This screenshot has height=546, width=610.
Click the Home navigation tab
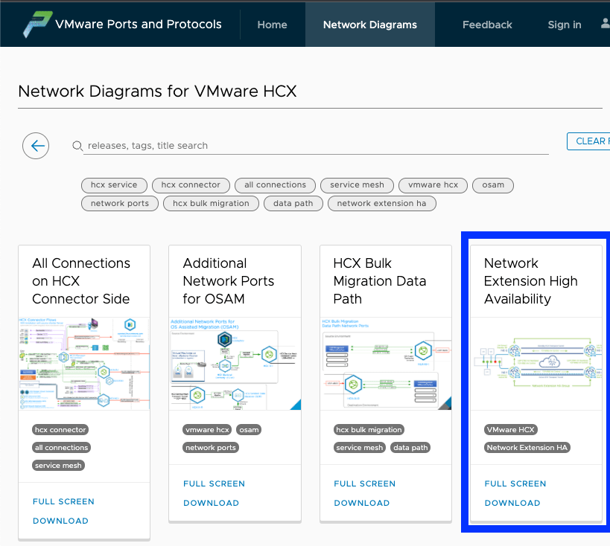point(272,25)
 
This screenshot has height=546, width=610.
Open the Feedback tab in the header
point(487,25)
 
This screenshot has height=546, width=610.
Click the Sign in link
point(564,25)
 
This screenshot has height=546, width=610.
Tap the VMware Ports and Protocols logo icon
point(36,24)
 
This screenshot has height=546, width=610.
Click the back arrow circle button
point(36,146)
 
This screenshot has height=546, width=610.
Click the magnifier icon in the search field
point(77,146)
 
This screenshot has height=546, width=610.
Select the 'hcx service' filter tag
point(114,185)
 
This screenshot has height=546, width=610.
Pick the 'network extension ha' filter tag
point(381,203)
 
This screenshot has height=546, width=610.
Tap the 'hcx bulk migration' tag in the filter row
point(212,203)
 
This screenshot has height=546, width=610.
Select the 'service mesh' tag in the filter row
point(357,185)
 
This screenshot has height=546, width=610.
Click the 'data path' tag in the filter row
point(293,203)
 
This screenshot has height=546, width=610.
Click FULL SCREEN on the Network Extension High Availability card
point(515,484)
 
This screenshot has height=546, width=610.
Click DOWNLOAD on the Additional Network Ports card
point(211,503)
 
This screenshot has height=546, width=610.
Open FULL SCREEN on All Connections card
point(63,501)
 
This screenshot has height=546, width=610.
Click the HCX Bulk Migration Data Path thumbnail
point(385,364)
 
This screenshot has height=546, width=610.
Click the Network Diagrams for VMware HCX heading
point(157,91)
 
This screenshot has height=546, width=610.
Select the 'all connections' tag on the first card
point(61,448)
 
